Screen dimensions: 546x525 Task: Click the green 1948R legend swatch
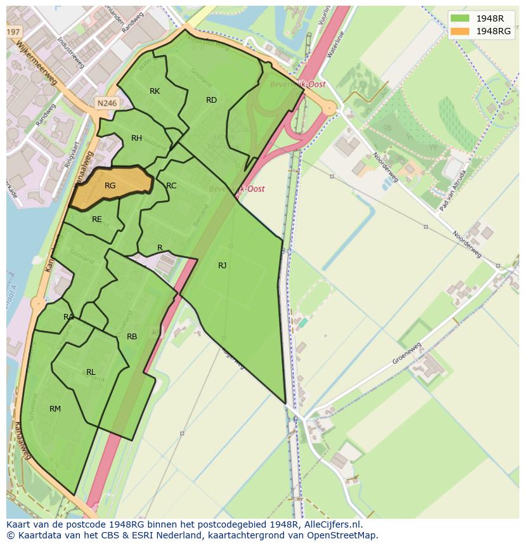460,18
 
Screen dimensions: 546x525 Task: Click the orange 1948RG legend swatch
460,31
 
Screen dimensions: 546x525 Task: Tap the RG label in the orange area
110,186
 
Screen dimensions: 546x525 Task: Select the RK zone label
155,91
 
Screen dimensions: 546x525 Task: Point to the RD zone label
211,100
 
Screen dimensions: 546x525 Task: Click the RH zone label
136,138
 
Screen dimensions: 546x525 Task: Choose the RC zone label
171,186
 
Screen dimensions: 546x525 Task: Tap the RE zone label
96,219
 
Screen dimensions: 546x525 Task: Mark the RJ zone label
222,266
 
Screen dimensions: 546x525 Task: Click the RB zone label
132,337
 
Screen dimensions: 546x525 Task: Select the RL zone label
91,372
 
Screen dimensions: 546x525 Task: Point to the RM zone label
55,409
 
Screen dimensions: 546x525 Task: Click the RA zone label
68,317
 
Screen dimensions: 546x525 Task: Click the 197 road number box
13,31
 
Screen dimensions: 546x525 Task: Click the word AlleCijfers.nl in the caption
340,524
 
